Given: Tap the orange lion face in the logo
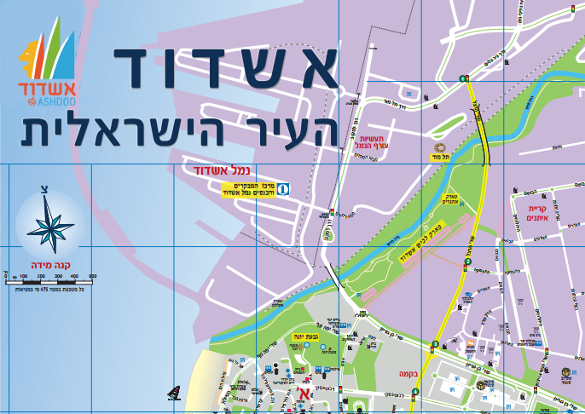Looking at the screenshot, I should point(28,59).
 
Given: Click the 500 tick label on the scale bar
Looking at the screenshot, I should point(92,276).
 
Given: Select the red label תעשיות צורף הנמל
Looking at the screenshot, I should point(374,142).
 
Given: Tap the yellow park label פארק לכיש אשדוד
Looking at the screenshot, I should point(415,245).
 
